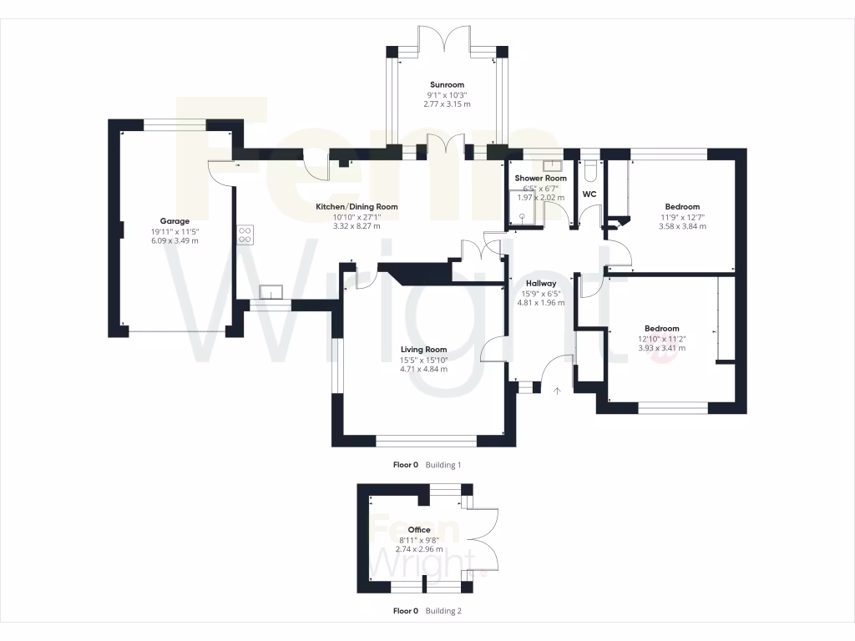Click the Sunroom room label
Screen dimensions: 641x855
coord(447,84)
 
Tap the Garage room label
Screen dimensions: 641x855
coord(175,221)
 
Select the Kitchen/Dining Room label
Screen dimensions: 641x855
coord(357,206)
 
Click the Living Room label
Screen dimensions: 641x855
coord(423,350)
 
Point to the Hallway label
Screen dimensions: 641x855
coord(541,283)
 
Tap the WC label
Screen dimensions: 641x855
coord(589,194)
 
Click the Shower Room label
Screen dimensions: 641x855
coord(540,179)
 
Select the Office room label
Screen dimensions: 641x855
coord(419,530)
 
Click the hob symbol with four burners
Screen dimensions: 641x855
coord(245,235)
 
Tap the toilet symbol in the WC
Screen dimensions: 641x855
coord(590,172)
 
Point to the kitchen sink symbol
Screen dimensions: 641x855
coord(271,292)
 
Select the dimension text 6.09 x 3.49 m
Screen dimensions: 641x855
coord(175,240)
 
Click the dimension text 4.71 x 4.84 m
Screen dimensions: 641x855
coord(423,369)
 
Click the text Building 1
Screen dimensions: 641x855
coord(443,465)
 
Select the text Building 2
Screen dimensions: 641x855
coord(443,611)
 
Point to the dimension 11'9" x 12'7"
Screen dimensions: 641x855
coord(682,216)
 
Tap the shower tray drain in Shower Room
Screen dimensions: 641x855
coord(524,215)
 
